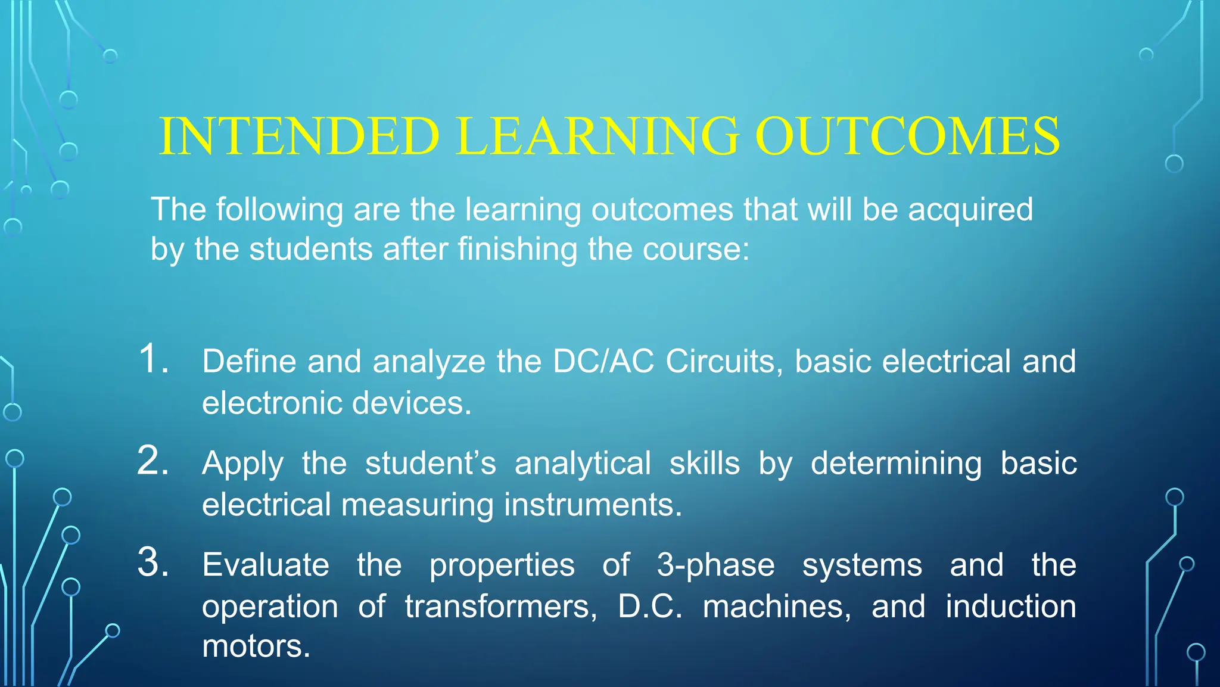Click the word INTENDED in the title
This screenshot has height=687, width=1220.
[299, 136]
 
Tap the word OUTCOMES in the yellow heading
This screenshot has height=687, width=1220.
[907, 136]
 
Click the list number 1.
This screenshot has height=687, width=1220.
[153, 359]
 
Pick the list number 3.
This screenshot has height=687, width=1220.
[153, 562]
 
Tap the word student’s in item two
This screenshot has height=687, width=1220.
[430, 463]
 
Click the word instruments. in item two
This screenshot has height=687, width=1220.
[593, 505]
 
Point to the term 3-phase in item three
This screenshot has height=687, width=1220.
[715, 565]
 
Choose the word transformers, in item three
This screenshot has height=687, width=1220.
[501, 607]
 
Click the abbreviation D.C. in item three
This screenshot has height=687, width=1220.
[650, 607]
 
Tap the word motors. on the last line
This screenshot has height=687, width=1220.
[256, 646]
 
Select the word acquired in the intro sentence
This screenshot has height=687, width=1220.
[970, 210]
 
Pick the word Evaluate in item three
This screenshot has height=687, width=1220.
[265, 565]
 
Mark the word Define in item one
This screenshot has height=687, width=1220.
[249, 361]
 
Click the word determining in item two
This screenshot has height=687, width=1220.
[896, 464]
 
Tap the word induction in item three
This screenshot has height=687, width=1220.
[1011, 607]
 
